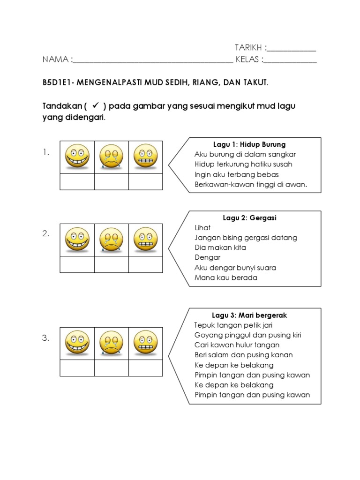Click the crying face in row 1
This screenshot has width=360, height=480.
point(111,157)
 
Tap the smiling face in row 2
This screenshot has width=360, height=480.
point(77,240)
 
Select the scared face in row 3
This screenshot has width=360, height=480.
point(145,343)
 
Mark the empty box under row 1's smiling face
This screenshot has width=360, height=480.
point(77,181)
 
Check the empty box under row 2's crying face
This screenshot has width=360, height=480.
point(111,264)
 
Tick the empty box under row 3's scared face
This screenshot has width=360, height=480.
point(145,367)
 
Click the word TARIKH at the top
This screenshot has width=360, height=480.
point(248,48)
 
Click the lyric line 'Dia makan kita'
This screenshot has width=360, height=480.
point(220,247)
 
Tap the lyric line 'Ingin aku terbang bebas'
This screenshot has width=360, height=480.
point(229,174)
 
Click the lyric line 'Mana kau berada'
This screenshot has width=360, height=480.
point(225,277)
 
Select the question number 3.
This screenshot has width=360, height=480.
point(46,338)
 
